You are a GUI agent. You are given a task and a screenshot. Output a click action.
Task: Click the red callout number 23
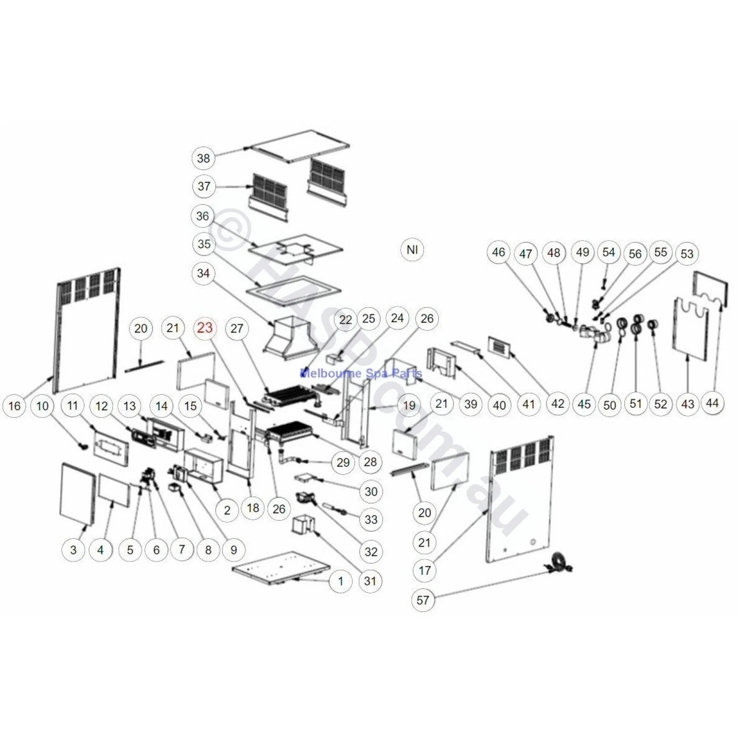coord(205,329)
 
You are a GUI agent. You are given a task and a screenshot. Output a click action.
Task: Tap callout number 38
coord(204,159)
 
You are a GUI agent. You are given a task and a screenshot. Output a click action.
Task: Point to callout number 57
coord(424,600)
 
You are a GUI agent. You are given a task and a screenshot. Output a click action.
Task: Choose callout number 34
coord(204,274)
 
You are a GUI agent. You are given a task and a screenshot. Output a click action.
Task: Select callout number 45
coord(584,403)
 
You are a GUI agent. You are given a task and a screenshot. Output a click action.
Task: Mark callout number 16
coord(16,405)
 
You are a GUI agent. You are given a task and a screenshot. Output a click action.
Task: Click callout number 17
coord(424,570)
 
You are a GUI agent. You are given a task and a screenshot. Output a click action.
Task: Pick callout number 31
coord(370,581)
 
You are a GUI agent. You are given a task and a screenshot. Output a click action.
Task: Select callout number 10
coord(43,405)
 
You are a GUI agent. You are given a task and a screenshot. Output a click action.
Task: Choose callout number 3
coord(74,550)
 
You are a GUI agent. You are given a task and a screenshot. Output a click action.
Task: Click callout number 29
coord(343,463)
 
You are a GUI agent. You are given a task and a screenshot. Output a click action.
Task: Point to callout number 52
coord(661,403)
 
